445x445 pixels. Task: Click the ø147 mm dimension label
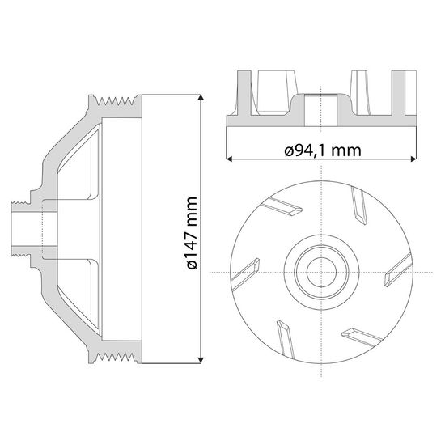coord(192,233)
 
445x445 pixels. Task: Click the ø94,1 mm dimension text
coord(323,150)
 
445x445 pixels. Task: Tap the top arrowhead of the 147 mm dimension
coord(201,97)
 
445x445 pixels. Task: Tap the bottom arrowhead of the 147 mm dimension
coord(201,360)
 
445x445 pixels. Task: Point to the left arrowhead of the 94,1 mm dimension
coord(229,159)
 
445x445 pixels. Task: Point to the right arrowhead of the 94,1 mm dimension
coord(413,159)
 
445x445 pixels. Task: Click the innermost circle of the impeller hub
coord(321,273)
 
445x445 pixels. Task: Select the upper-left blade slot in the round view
coord(282,206)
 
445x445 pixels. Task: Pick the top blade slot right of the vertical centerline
coord(359,206)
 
